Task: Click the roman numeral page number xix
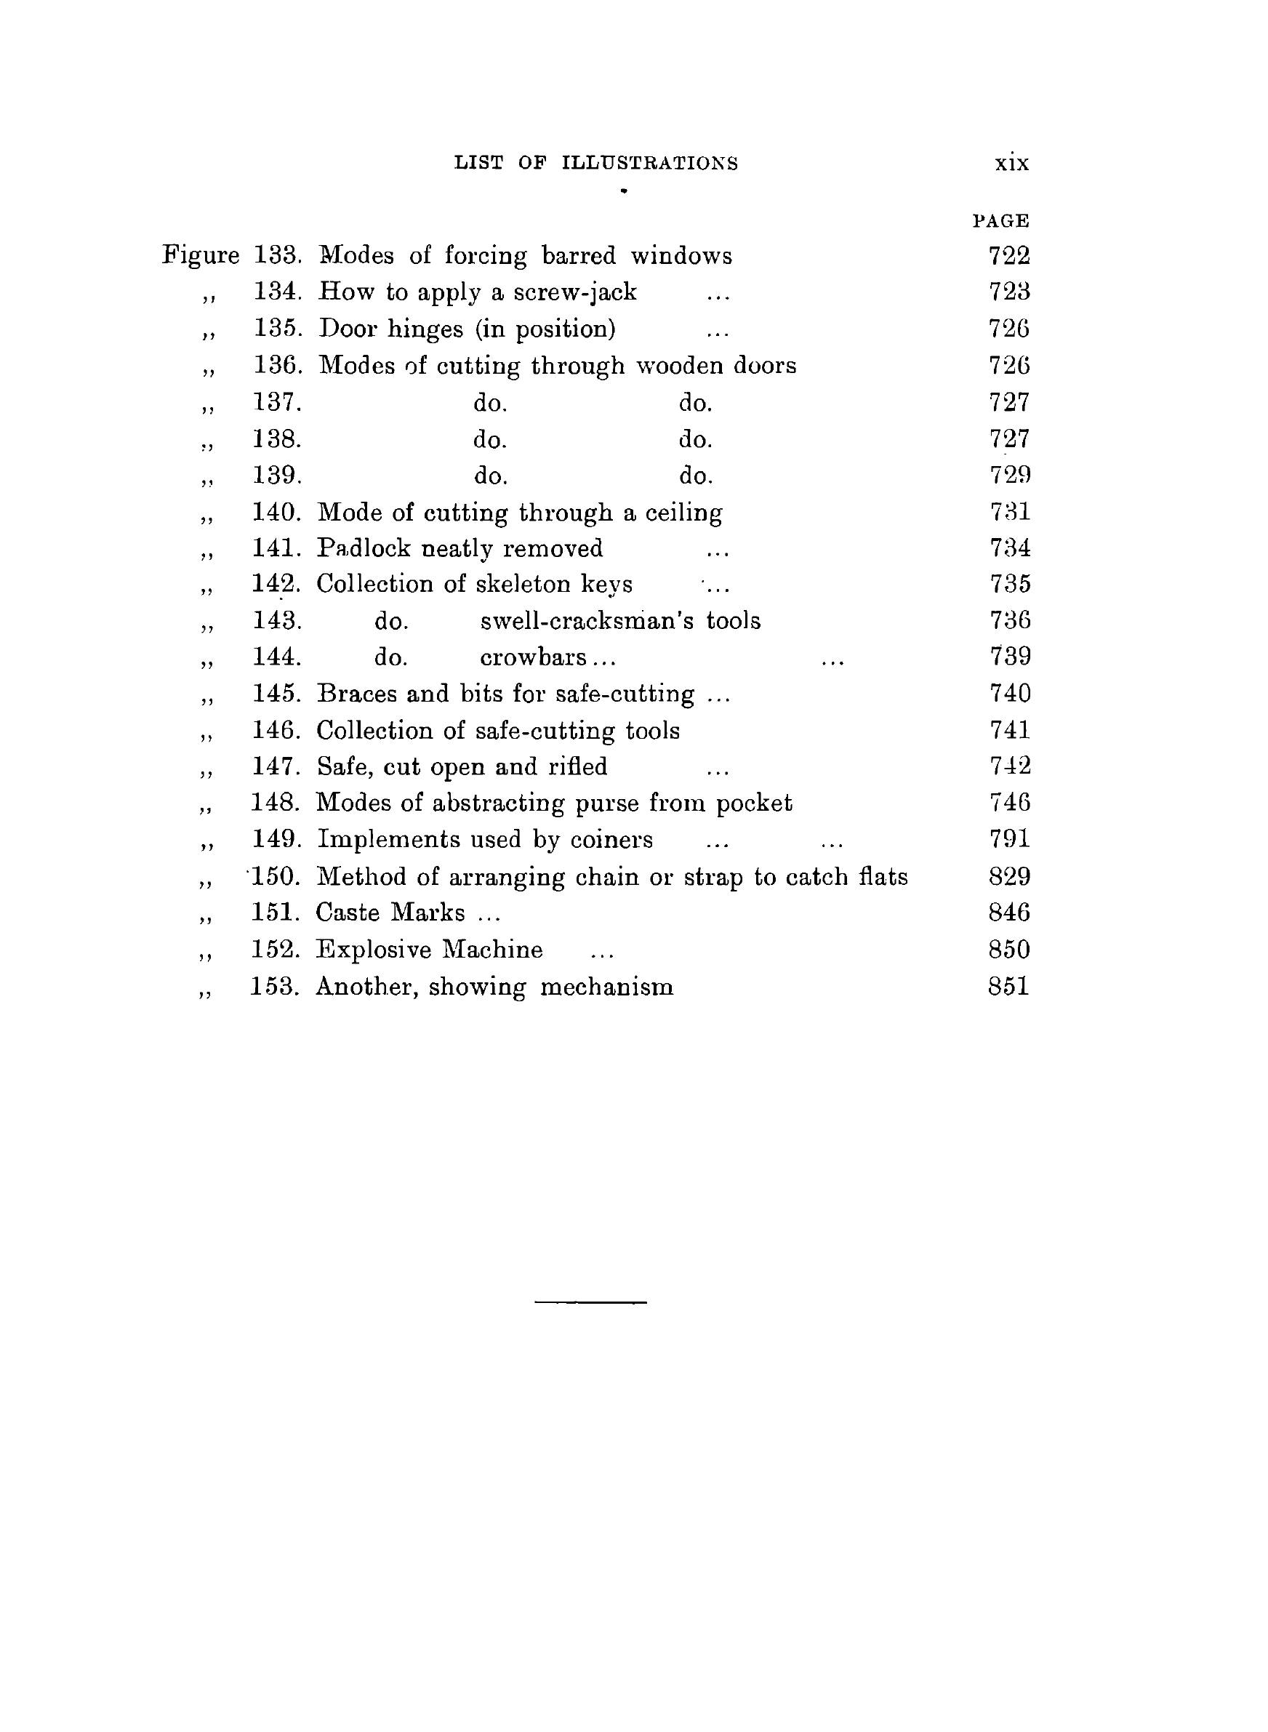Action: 1011,163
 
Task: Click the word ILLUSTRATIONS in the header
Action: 649,163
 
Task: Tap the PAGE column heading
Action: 1001,221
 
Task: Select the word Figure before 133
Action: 201,254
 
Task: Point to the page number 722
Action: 1008,254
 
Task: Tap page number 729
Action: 1009,475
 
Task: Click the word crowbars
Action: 534,657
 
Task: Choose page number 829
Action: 1008,876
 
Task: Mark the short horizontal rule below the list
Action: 590,1302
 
